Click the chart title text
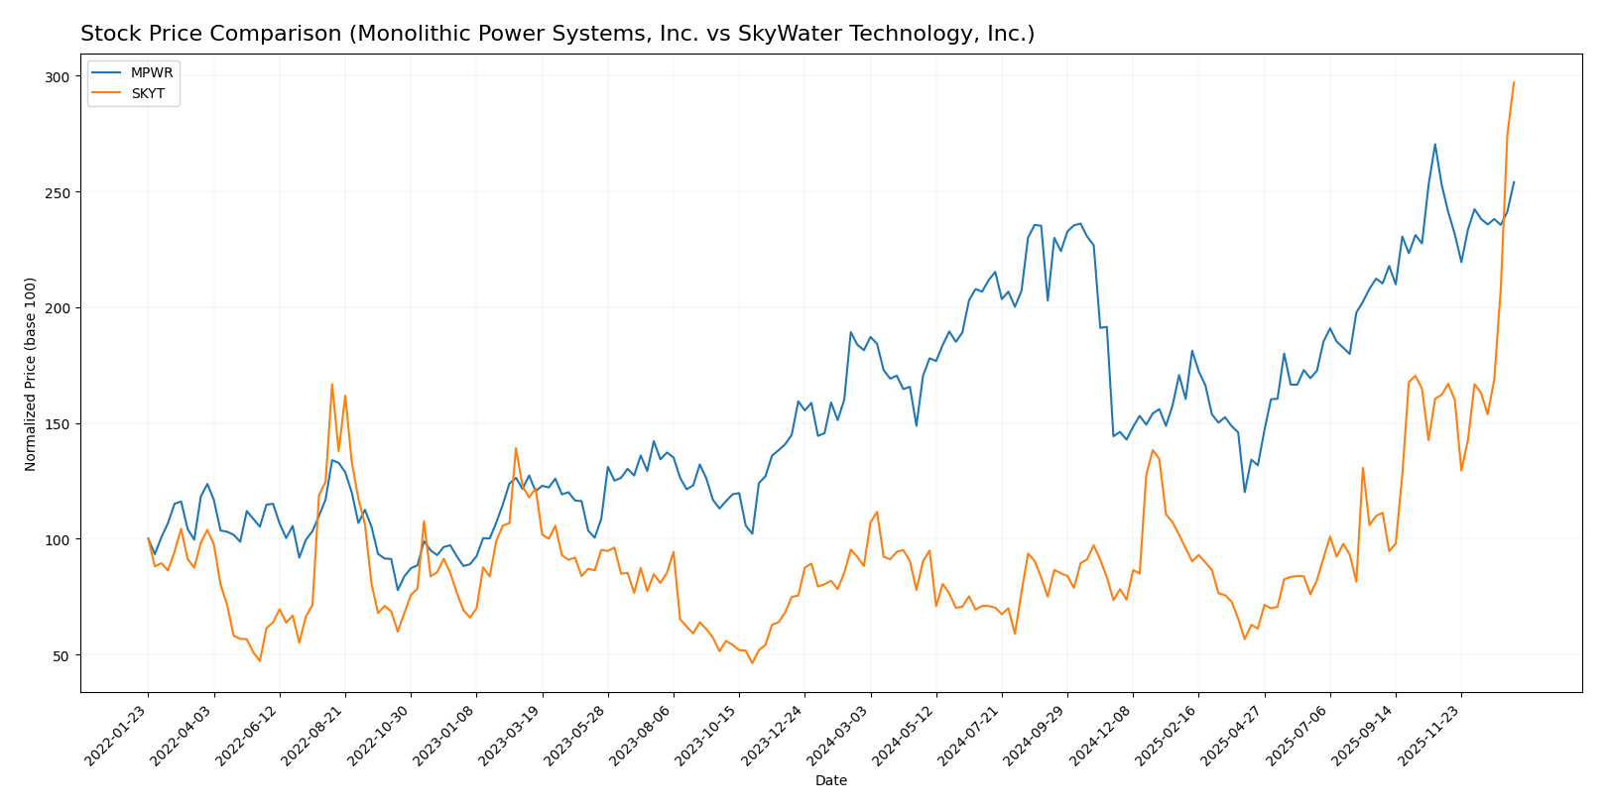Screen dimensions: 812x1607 (556, 34)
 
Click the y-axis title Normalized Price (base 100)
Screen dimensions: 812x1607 (31, 374)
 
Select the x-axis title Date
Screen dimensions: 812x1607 (830, 781)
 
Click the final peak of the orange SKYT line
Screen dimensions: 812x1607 (1514, 82)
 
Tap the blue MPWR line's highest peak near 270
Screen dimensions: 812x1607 (1434, 144)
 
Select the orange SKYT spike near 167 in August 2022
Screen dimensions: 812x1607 (331, 384)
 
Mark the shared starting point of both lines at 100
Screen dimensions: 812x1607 (148, 538)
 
